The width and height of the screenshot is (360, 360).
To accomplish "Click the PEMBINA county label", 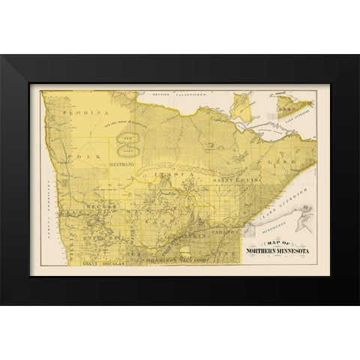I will [83, 111].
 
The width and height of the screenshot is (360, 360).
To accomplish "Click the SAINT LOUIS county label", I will [222, 181].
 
